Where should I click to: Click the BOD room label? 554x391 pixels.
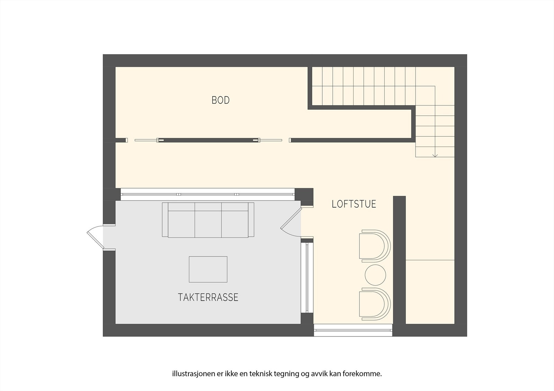[221, 100]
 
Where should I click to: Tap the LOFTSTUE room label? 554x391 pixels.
[354, 204]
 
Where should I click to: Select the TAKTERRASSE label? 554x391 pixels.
[208, 297]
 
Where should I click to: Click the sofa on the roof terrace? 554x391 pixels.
[208, 220]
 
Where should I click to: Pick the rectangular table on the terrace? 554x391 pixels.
[208, 269]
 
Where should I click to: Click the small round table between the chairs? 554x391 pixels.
[375, 275]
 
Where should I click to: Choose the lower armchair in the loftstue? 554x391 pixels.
[375, 304]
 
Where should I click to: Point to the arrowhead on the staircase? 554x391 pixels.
[435, 155]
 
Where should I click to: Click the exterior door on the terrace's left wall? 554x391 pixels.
[95, 236]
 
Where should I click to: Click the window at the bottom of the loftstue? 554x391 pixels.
[353, 330]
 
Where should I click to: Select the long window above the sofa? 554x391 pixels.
[208, 194]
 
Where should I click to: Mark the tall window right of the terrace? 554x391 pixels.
[307, 277]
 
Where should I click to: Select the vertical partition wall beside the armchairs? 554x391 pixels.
[399, 259]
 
